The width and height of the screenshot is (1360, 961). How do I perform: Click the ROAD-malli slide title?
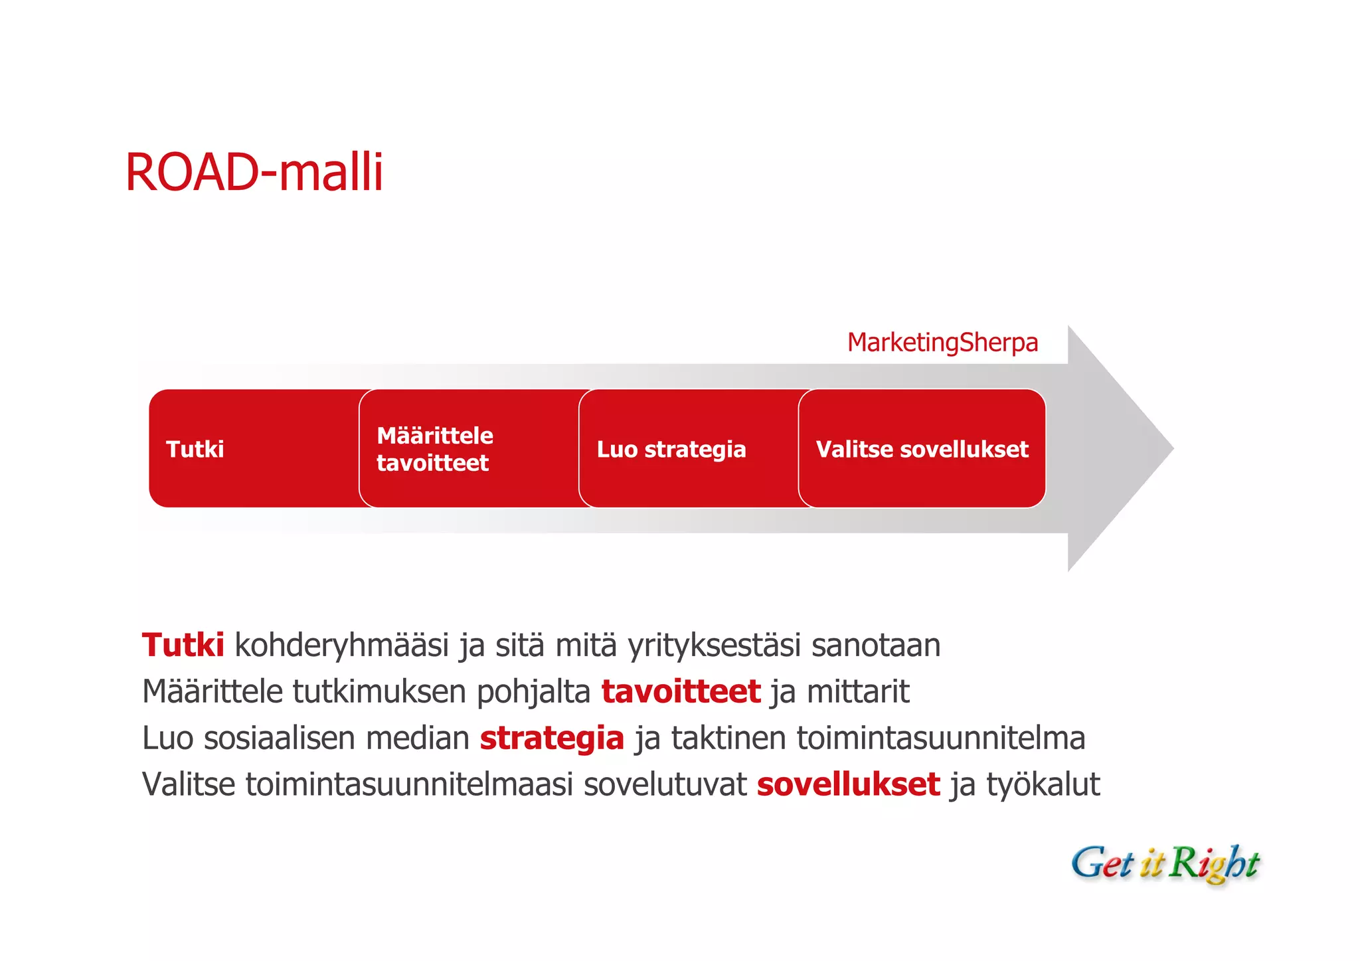pos(254,173)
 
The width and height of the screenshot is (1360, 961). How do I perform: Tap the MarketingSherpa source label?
pos(942,343)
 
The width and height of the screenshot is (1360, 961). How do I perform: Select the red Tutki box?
pos(252,449)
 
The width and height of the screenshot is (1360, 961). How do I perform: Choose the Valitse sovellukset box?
pos(922,449)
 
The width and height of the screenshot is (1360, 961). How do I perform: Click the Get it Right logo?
pos(1165,863)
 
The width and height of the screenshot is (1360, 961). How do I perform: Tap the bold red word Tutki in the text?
pos(183,646)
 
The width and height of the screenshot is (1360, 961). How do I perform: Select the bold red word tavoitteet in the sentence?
pos(681,692)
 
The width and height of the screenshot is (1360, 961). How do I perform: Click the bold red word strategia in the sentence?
pos(552,739)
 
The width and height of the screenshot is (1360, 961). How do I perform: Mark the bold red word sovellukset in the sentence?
pos(848,785)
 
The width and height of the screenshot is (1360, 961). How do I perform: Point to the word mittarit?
pos(857,692)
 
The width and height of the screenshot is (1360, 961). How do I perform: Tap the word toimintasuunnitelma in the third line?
pos(940,739)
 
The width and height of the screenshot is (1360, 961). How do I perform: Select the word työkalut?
pos(1043,785)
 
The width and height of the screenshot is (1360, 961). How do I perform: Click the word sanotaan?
pos(876,646)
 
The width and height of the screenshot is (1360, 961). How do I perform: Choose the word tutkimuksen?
pos(379,692)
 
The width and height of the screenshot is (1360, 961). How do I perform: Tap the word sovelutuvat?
pos(665,785)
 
